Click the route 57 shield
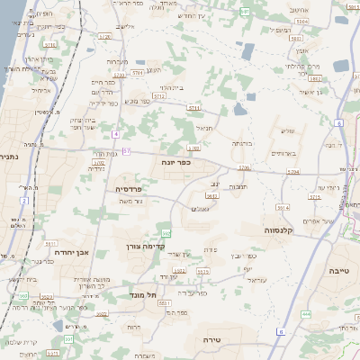127,150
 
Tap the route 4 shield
115,134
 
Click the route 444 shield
306,313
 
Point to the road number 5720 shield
105,37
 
